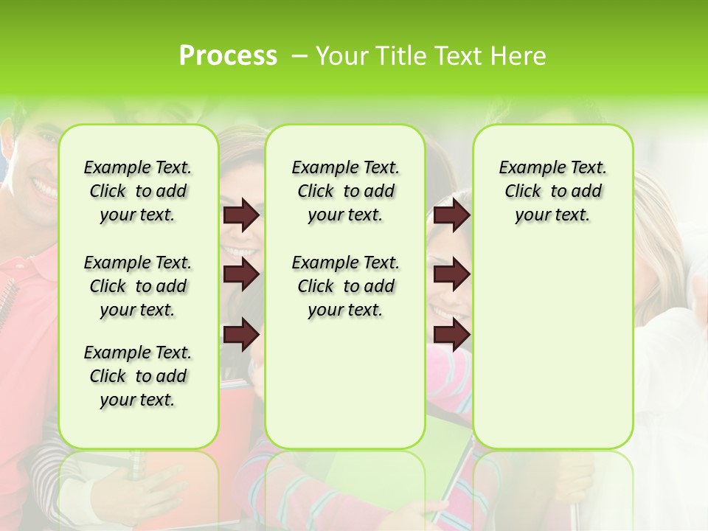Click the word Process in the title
pyautogui.click(x=228, y=56)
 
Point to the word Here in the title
pyautogui.click(x=519, y=56)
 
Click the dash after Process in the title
pyautogui.click(x=299, y=57)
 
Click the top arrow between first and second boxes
pyautogui.click(x=241, y=215)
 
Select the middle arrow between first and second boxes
pyautogui.click(x=241, y=274)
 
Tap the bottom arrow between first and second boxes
pyautogui.click(x=241, y=335)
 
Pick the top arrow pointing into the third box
pyautogui.click(x=451, y=215)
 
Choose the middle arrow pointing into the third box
pyautogui.click(x=451, y=274)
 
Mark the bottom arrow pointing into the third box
pyautogui.click(x=451, y=335)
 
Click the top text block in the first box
pyautogui.click(x=137, y=191)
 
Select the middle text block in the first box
pyautogui.click(x=137, y=286)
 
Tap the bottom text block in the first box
pyautogui.click(x=137, y=376)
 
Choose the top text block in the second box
pyautogui.click(x=345, y=191)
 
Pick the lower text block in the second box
pyautogui.click(x=345, y=286)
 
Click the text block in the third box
pyautogui.click(x=552, y=191)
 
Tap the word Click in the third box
pyautogui.click(x=523, y=192)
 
